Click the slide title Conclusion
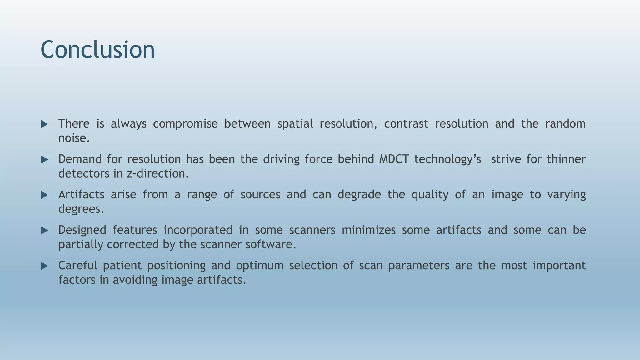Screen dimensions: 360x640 click(97, 50)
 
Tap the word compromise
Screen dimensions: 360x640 click(185, 124)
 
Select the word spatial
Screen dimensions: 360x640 click(295, 124)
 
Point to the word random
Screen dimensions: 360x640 click(565, 124)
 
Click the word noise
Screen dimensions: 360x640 click(74, 138)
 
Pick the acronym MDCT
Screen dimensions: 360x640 click(394, 159)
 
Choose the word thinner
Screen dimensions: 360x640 click(566, 159)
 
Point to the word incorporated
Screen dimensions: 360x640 click(198, 230)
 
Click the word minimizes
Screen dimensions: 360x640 click(368, 230)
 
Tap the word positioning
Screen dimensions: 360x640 click(176, 266)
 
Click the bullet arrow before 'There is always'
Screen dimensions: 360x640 click(44, 124)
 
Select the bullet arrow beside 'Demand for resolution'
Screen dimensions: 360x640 click(44, 160)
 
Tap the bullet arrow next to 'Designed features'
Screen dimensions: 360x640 click(44, 231)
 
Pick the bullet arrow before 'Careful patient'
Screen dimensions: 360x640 click(44, 266)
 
